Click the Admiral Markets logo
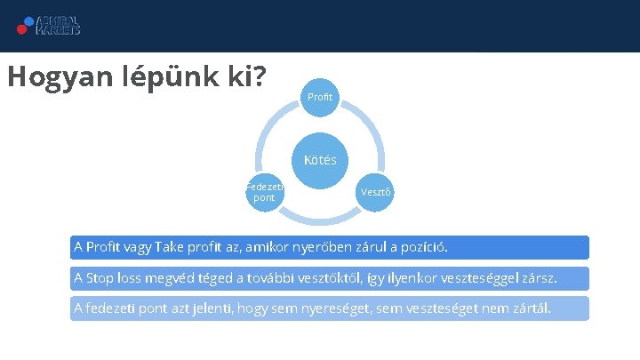coord(49,24)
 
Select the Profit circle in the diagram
coord(320,95)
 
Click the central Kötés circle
coord(320,160)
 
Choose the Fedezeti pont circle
coord(264,191)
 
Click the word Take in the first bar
coord(172,246)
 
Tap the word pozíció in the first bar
coord(422,246)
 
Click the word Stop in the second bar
coord(100,278)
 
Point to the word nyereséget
coord(332,308)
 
